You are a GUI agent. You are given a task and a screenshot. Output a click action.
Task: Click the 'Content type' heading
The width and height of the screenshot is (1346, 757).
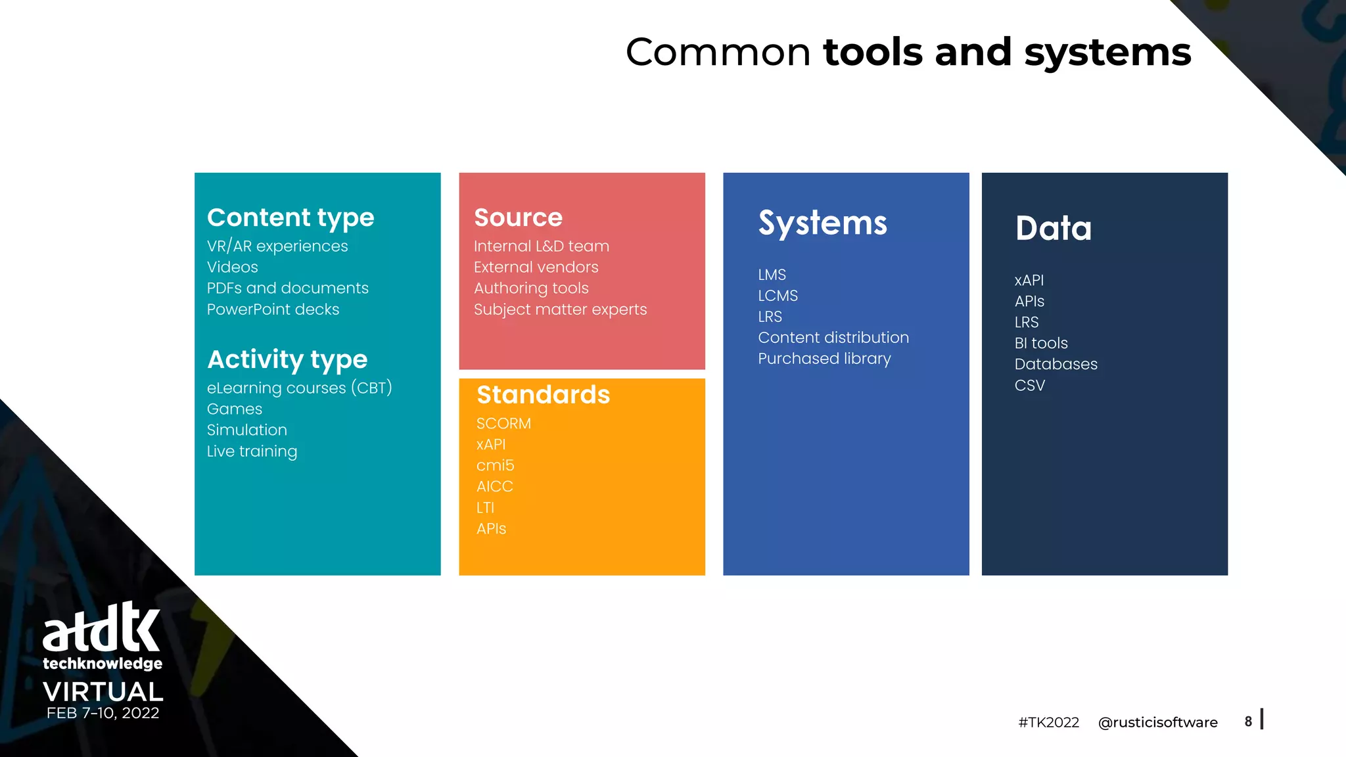point(290,218)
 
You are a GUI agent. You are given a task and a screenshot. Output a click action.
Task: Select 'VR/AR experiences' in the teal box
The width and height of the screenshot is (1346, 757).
point(277,246)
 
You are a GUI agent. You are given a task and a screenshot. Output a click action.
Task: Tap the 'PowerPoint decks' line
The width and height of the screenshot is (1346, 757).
point(273,310)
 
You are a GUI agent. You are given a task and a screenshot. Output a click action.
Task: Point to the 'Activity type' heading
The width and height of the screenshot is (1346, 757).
point(287,359)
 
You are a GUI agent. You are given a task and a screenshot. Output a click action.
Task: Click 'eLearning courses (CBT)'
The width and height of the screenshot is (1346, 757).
point(299,388)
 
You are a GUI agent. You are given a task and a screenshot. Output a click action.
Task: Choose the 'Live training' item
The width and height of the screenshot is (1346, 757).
point(252,451)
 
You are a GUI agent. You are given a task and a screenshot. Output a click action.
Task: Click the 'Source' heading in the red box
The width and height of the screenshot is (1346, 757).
point(518,218)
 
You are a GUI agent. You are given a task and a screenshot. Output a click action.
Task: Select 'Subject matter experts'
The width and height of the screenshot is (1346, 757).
point(560,310)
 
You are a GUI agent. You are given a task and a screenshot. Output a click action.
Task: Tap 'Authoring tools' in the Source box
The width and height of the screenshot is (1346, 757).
point(531,288)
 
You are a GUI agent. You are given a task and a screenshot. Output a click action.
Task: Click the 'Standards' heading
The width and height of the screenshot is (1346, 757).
point(543,395)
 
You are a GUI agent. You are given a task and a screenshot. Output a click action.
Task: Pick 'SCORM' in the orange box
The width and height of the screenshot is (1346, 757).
point(503,424)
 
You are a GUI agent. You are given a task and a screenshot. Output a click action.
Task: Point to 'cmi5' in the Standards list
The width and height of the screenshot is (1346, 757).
point(495,465)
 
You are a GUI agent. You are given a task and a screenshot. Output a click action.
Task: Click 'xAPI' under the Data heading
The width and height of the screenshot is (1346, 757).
point(1029,281)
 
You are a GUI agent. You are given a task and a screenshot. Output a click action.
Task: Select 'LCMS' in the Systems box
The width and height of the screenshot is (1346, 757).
point(777,296)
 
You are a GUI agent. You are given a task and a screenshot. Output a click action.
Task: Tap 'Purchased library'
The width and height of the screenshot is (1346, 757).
point(824,359)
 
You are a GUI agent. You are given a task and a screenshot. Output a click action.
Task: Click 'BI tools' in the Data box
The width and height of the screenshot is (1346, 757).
point(1040,343)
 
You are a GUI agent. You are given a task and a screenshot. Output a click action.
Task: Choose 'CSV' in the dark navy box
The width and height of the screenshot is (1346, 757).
point(1029,386)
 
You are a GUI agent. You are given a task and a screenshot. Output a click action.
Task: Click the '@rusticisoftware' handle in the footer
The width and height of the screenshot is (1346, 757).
point(1157,723)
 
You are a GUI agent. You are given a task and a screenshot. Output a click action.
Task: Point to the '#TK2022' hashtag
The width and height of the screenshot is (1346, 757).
point(1048,723)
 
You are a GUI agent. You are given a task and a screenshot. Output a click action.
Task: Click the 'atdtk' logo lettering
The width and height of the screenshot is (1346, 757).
point(101,628)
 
